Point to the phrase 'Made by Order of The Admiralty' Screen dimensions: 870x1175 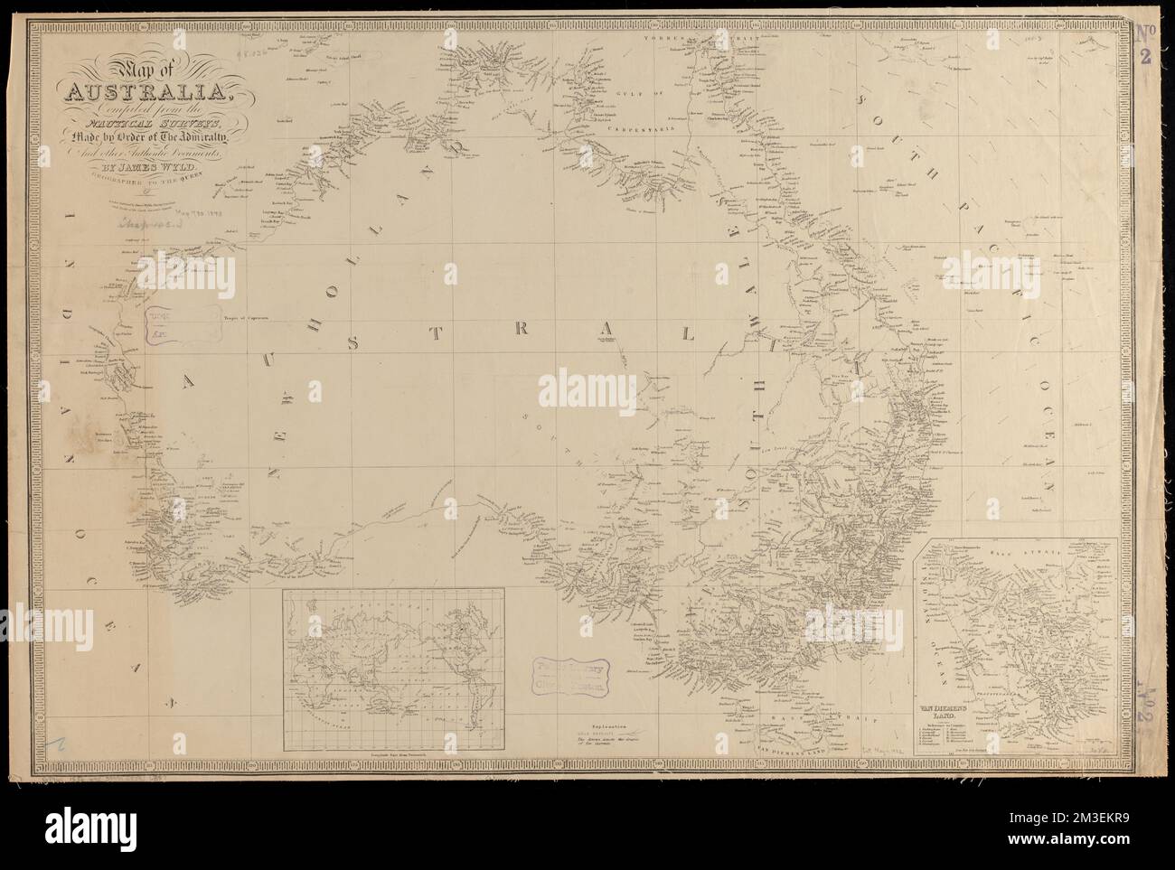pos(144,135)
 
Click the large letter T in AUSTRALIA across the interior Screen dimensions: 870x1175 pos(435,332)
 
